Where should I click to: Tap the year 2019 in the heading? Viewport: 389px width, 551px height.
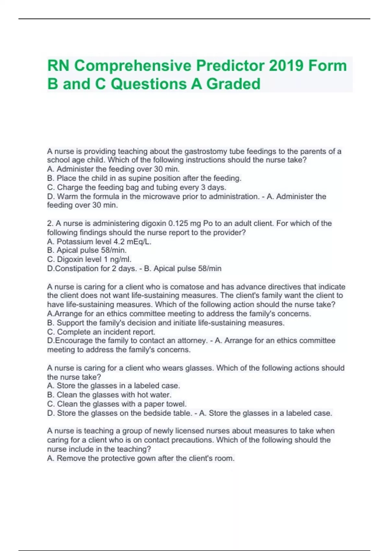coord(286,65)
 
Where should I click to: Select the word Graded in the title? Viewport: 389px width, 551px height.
coord(233,84)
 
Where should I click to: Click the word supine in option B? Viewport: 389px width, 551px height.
coord(141,178)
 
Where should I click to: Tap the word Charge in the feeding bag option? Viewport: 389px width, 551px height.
coord(68,187)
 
